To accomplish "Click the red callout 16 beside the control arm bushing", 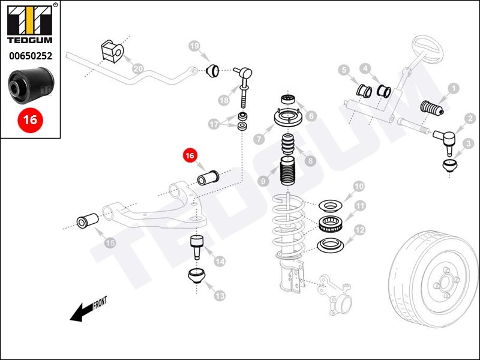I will tap(190, 155).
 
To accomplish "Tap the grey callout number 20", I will tap(137, 69).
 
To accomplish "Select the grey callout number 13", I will tap(220, 296).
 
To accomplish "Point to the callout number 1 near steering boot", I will tap(453, 89).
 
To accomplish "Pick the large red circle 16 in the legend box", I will tap(30, 119).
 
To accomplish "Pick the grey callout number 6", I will tap(311, 116).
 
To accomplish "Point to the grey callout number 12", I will tap(359, 229).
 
